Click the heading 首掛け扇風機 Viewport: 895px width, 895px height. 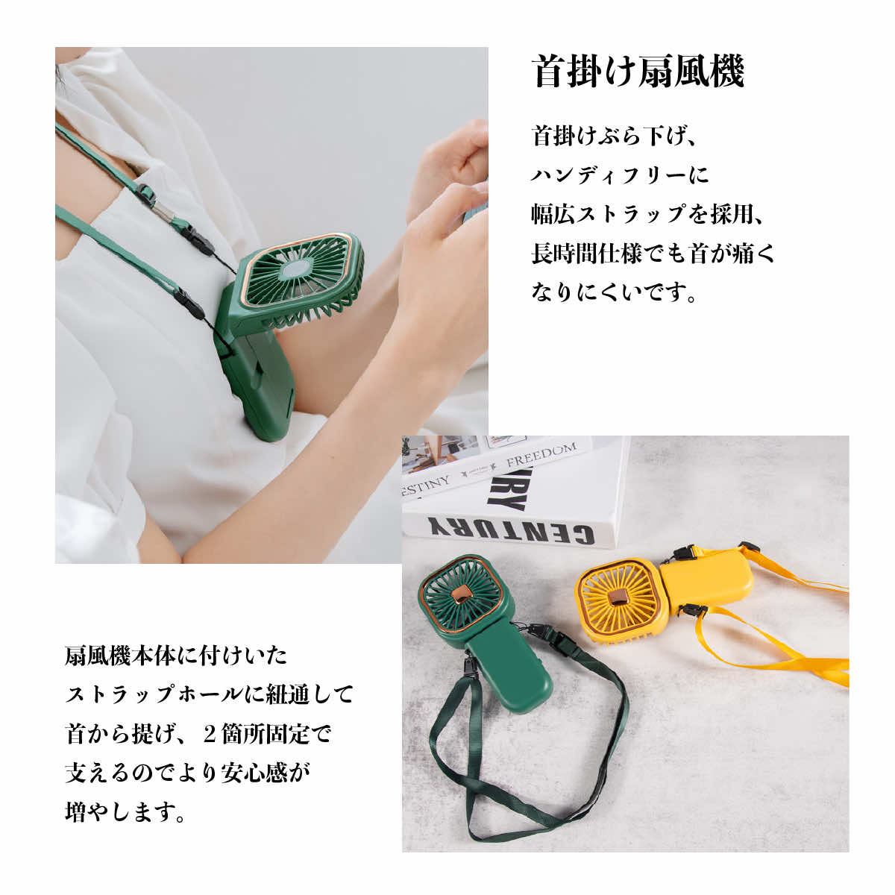[x=638, y=71]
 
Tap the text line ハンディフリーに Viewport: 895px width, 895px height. [x=621, y=175]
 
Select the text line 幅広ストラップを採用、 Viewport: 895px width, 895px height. [x=647, y=215]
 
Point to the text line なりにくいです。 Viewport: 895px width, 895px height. [x=614, y=292]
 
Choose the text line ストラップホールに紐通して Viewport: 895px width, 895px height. [x=210, y=695]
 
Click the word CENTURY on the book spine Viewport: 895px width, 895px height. [x=511, y=529]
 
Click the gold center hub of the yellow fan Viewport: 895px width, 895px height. [x=618, y=597]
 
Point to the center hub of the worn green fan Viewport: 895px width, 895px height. [x=298, y=269]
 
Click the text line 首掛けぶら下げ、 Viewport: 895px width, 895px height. [x=614, y=136]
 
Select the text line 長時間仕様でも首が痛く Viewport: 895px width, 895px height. [x=653, y=254]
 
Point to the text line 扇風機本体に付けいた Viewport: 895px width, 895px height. [x=177, y=656]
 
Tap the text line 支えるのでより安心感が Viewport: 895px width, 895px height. [x=187, y=773]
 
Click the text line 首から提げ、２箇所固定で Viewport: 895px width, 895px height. [x=198, y=734]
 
